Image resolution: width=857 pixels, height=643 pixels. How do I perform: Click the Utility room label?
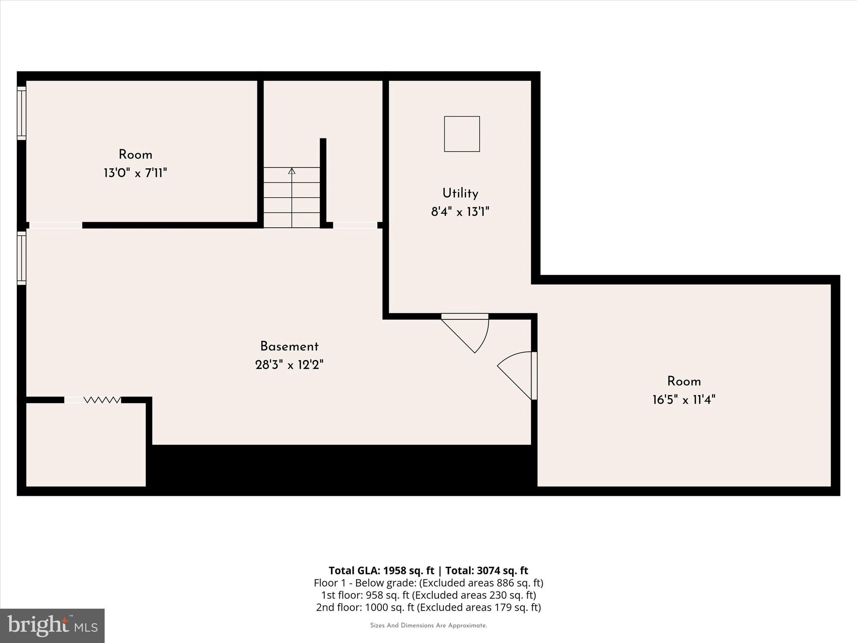pos(460,193)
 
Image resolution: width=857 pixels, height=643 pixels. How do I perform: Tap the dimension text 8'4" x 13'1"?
pos(460,212)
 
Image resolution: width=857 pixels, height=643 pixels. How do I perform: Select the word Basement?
pos(289,347)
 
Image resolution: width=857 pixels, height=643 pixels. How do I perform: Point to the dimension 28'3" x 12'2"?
pos(289,365)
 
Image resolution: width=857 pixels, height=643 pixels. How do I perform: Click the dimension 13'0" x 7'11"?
pos(135,173)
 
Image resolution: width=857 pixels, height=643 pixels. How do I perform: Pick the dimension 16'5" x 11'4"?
pos(684,400)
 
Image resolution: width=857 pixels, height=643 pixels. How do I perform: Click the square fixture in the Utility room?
pos(462,134)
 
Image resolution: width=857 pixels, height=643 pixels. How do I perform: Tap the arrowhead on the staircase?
pos(292,171)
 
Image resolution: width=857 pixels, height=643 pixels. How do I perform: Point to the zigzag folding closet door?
pos(102,400)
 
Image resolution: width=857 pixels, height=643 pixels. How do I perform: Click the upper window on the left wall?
pos(21,113)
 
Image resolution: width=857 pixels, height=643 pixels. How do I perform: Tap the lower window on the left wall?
pos(21,258)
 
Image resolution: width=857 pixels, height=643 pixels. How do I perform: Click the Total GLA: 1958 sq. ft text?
pos(381,571)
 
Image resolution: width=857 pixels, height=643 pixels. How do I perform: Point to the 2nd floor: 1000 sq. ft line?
pos(428,607)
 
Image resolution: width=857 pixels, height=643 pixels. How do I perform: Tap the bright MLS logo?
pos(52,625)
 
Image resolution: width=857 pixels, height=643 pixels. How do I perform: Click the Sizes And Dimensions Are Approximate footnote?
pos(428,625)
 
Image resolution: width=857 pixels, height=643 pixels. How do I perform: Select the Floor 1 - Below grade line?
pos(428,583)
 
